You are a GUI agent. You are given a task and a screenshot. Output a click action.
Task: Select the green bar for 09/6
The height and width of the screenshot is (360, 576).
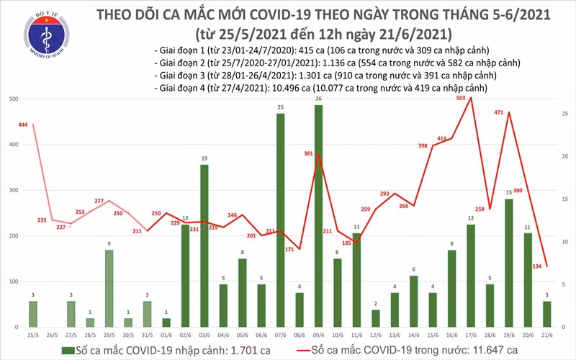click(x=318, y=216)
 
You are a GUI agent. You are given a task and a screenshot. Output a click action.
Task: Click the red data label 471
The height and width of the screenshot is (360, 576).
click(x=500, y=112)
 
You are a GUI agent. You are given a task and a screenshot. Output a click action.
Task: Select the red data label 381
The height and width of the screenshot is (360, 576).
click(x=308, y=153)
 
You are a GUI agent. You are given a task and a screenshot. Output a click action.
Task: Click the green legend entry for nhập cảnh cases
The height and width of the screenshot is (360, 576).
click(x=130, y=349)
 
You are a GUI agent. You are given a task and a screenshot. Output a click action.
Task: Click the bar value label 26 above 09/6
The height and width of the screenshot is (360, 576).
click(x=318, y=99)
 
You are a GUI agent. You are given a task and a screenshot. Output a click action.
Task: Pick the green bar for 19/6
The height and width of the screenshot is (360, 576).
click(x=508, y=263)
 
